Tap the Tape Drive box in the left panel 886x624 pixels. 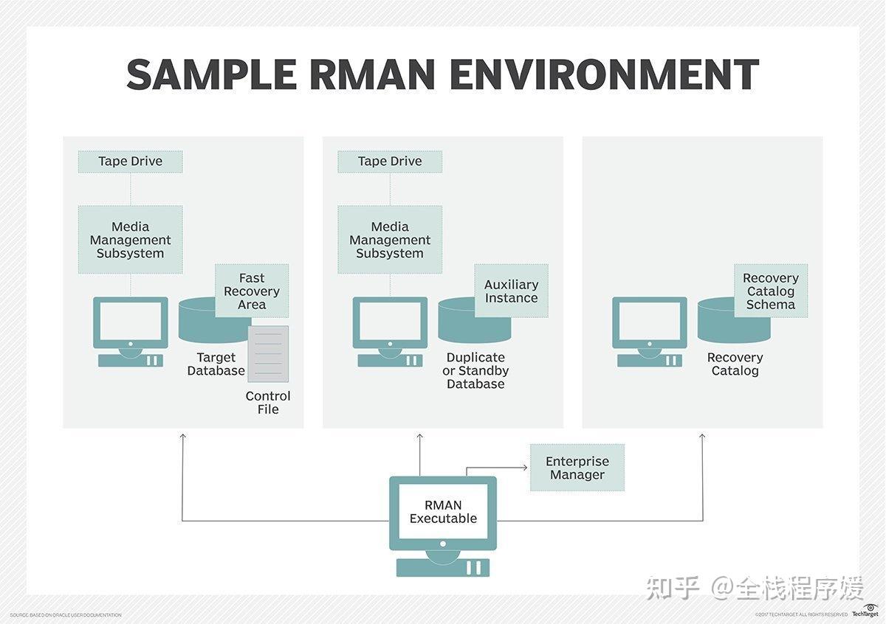pyautogui.click(x=130, y=162)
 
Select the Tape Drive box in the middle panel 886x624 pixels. pyautogui.click(x=390, y=162)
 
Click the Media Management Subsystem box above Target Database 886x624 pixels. pyautogui.click(x=130, y=240)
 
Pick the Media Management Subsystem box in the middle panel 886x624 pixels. pyautogui.click(x=390, y=240)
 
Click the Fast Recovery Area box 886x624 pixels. pyautogui.click(x=252, y=291)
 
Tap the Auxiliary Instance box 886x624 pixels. pyautogui.click(x=511, y=291)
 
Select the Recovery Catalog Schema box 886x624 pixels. pyautogui.click(x=771, y=291)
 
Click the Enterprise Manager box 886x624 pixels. pyautogui.click(x=577, y=468)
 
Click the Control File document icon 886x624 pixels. pyautogui.click(x=267, y=353)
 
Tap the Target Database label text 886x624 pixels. pyautogui.click(x=216, y=364)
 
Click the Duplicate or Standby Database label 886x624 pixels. pyautogui.click(x=475, y=370)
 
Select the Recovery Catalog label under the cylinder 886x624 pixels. pyautogui.click(x=735, y=364)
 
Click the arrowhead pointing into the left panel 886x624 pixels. pyautogui.click(x=182, y=437)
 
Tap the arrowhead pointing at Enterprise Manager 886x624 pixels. pyautogui.click(x=525, y=468)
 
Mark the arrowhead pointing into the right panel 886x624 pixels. pyautogui.click(x=702, y=437)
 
